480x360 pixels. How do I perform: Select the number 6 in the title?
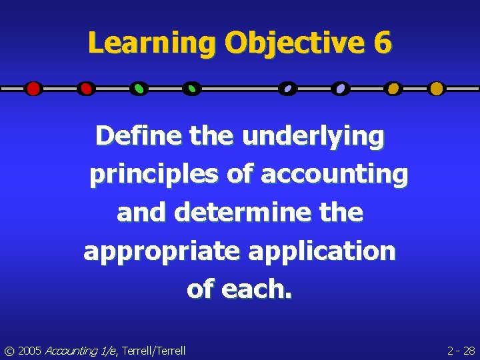pos(383,43)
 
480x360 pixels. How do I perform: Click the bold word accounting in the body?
pos(333,175)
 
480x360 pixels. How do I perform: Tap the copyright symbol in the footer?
pos(9,350)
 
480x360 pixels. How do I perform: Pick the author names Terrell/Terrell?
pos(155,350)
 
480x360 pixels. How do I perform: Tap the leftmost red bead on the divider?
pos(33,88)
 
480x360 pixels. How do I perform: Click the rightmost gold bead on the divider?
pos(436,88)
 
